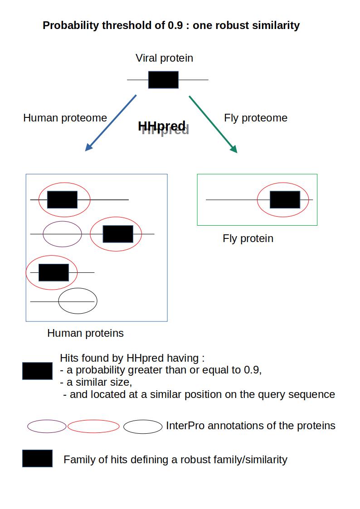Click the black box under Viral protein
[x=163, y=80]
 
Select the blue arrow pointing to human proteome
[x=111, y=123]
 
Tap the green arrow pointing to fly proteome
[x=213, y=124]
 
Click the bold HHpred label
[x=162, y=126]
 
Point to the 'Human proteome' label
[x=65, y=118]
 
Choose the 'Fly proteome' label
[x=255, y=118]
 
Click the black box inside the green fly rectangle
[x=285, y=199]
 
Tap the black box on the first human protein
[x=62, y=199]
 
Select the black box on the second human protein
[x=118, y=234]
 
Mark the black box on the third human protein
[x=54, y=273]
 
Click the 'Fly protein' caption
[x=248, y=238]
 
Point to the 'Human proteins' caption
[x=85, y=333]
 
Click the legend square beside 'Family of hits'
[x=37, y=458]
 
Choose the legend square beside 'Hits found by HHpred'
[x=37, y=371]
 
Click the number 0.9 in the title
[x=175, y=25]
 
